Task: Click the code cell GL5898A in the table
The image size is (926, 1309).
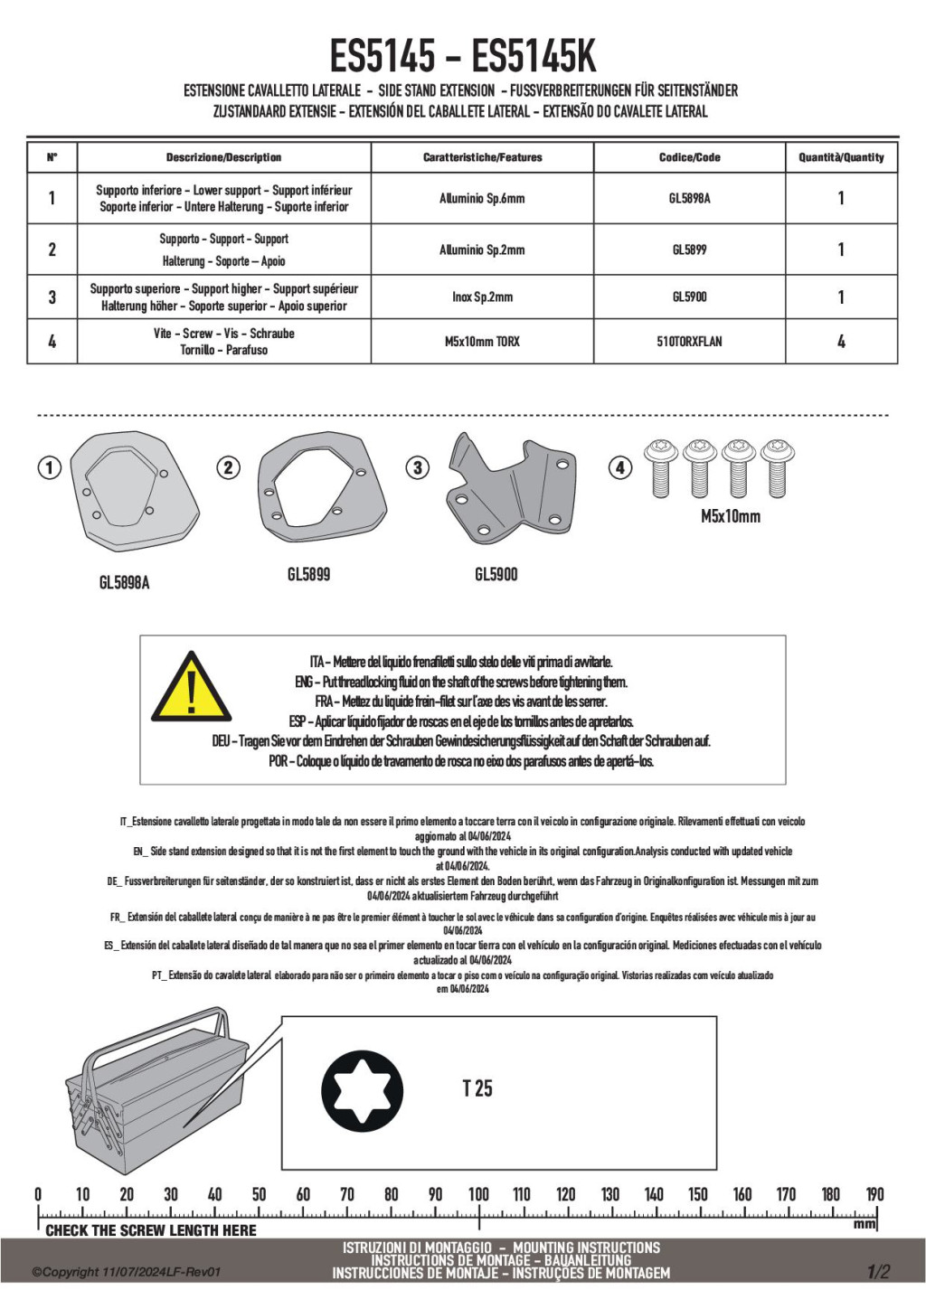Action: pyautogui.click(x=689, y=198)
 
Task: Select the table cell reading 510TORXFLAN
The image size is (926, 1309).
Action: pyautogui.click(x=689, y=342)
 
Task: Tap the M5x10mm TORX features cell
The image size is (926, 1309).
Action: pyautogui.click(x=482, y=342)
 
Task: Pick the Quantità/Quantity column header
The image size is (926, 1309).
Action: pyautogui.click(x=841, y=157)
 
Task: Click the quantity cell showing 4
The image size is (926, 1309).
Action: pyautogui.click(x=841, y=342)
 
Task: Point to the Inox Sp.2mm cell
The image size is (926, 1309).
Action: pyautogui.click(x=482, y=297)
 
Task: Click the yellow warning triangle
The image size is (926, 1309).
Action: pyautogui.click(x=191, y=689)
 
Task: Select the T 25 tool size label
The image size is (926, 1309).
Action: pyautogui.click(x=477, y=1088)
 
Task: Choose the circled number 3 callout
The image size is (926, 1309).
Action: pyautogui.click(x=417, y=467)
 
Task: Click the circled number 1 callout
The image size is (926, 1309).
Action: pyautogui.click(x=49, y=467)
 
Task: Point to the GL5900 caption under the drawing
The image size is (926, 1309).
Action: pyautogui.click(x=496, y=574)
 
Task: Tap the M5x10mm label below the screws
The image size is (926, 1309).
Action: pyautogui.click(x=731, y=516)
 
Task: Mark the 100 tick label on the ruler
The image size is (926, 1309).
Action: pyautogui.click(x=478, y=1194)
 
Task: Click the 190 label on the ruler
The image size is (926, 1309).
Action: pyautogui.click(x=874, y=1194)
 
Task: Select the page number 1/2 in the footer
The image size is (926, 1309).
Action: pyautogui.click(x=878, y=1272)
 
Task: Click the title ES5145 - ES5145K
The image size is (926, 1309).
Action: pyautogui.click(x=463, y=56)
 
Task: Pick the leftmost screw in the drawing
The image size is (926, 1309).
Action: pyautogui.click(x=661, y=467)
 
